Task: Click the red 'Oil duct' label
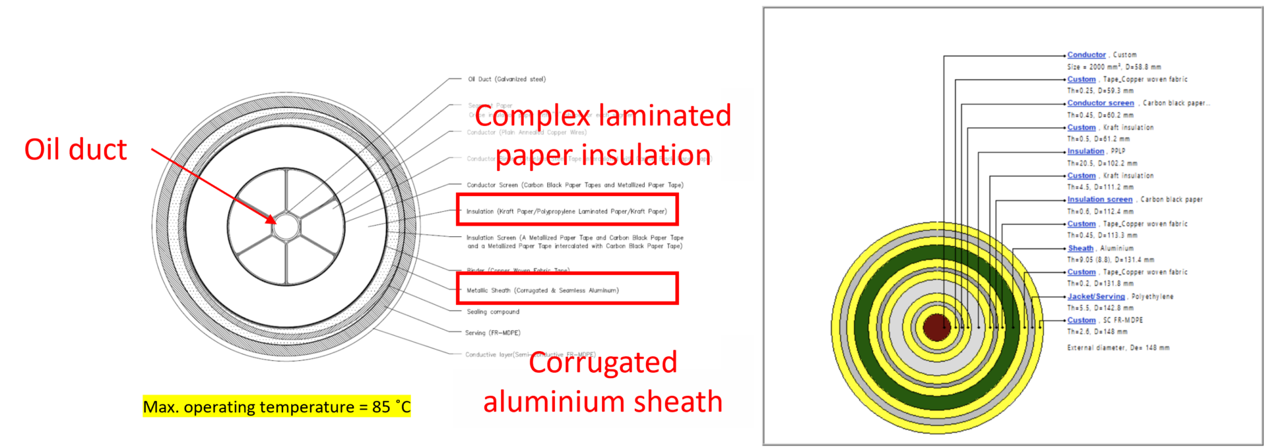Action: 76,150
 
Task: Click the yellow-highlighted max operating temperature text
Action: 276,406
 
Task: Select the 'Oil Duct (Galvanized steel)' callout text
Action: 507,79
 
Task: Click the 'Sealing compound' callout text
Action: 493,311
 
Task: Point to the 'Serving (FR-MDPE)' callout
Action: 492,333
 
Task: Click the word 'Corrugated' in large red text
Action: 602,362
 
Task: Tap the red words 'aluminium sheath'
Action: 602,402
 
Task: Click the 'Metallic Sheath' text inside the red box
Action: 542,290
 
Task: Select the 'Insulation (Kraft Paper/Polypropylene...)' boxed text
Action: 566,211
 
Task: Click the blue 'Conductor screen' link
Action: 1100,103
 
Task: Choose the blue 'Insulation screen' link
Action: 1099,199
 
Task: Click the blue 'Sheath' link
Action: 1080,248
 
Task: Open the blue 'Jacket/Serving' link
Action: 1095,296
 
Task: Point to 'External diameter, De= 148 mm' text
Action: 1118,348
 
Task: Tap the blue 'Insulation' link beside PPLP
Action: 1086,151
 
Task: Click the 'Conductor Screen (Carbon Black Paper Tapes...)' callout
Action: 575,185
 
